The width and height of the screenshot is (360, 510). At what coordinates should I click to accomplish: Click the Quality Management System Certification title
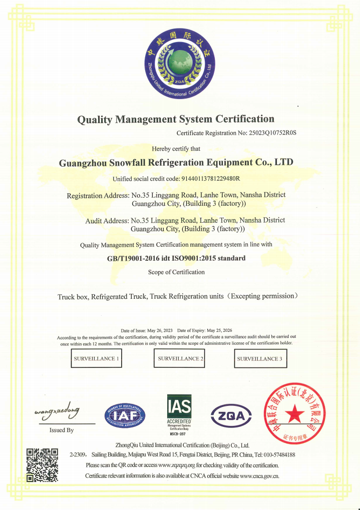tap(175, 119)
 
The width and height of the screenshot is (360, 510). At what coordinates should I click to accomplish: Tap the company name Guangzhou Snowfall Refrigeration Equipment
tap(176, 163)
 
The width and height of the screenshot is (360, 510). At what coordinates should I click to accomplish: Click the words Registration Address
tap(98, 195)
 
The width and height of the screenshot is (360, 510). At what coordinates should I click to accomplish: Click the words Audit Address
tap(107, 220)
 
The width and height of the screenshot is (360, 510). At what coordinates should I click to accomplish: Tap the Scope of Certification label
tap(176, 272)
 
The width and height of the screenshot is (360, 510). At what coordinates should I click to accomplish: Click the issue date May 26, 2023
tap(160, 331)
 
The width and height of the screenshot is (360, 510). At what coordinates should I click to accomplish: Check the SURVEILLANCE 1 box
tap(97, 359)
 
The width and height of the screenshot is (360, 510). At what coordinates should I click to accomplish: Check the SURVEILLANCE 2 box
tap(181, 359)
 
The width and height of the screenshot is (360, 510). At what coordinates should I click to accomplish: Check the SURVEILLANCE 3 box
tap(259, 359)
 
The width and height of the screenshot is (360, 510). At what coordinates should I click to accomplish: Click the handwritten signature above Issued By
tap(57, 411)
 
